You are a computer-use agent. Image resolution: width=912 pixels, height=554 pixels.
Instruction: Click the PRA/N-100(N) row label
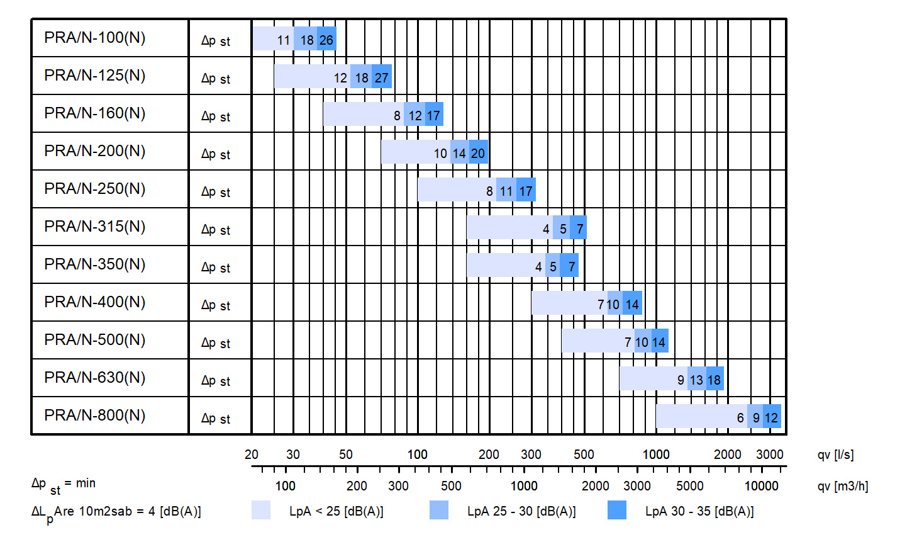click(x=95, y=38)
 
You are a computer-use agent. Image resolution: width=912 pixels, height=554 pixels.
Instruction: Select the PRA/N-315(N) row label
click(x=95, y=227)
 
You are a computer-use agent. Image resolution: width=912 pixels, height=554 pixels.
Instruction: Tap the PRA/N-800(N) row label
click(x=95, y=415)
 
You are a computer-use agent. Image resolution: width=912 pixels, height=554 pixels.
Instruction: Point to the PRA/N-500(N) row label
click(x=95, y=340)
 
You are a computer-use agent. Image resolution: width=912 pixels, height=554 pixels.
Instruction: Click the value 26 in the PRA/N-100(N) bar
click(x=326, y=40)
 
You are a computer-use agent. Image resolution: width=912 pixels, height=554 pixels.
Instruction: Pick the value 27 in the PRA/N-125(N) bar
click(x=381, y=78)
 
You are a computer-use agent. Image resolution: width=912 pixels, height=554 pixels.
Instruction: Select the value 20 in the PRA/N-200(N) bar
click(x=478, y=154)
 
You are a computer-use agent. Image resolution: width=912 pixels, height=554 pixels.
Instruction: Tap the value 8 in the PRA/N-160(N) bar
click(x=397, y=116)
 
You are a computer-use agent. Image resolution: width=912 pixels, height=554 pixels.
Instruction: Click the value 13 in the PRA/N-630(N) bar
click(x=696, y=380)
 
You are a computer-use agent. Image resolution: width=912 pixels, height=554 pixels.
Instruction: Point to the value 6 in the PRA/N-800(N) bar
click(x=740, y=418)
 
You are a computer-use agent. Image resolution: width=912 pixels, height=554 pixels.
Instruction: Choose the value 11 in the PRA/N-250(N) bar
click(x=506, y=191)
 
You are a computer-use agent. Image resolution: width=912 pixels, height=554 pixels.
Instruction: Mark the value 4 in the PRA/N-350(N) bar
click(x=538, y=267)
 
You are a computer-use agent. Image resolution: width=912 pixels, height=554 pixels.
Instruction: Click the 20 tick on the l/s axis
click(x=252, y=455)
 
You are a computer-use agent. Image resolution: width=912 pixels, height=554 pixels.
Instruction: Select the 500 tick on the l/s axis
click(x=584, y=455)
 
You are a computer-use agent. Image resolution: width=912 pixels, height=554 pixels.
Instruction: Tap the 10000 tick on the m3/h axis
click(x=761, y=486)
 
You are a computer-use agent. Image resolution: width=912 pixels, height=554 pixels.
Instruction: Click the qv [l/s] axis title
click(x=835, y=455)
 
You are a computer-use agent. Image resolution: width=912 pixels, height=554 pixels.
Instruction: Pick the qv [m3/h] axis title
click(x=842, y=486)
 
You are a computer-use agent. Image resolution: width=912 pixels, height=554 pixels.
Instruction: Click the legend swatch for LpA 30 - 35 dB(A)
click(x=617, y=510)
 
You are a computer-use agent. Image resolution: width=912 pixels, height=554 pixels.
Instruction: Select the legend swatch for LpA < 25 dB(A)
click(x=261, y=510)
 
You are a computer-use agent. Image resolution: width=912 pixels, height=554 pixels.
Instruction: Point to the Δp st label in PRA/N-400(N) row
click(x=216, y=305)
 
